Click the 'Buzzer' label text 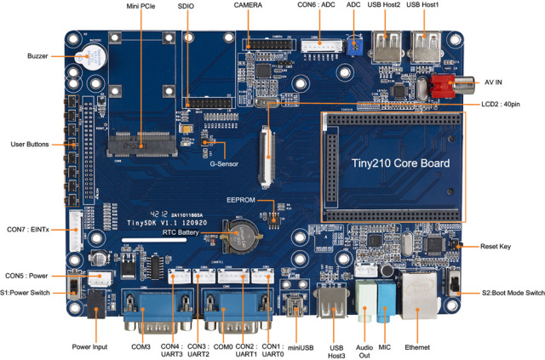pos(37,56)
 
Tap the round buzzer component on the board pos(94,60)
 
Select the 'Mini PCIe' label pos(144,6)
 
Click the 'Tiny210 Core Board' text pos(401,162)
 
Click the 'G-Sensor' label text pos(224,163)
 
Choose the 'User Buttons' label pos(30,144)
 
